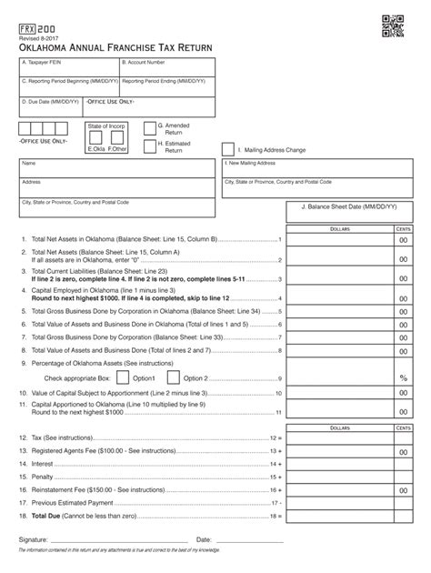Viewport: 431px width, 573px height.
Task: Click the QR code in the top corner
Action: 392,28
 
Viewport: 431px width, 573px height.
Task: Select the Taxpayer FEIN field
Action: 67,67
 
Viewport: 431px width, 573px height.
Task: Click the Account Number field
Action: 166,67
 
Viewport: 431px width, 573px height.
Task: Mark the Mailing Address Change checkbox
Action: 228,148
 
